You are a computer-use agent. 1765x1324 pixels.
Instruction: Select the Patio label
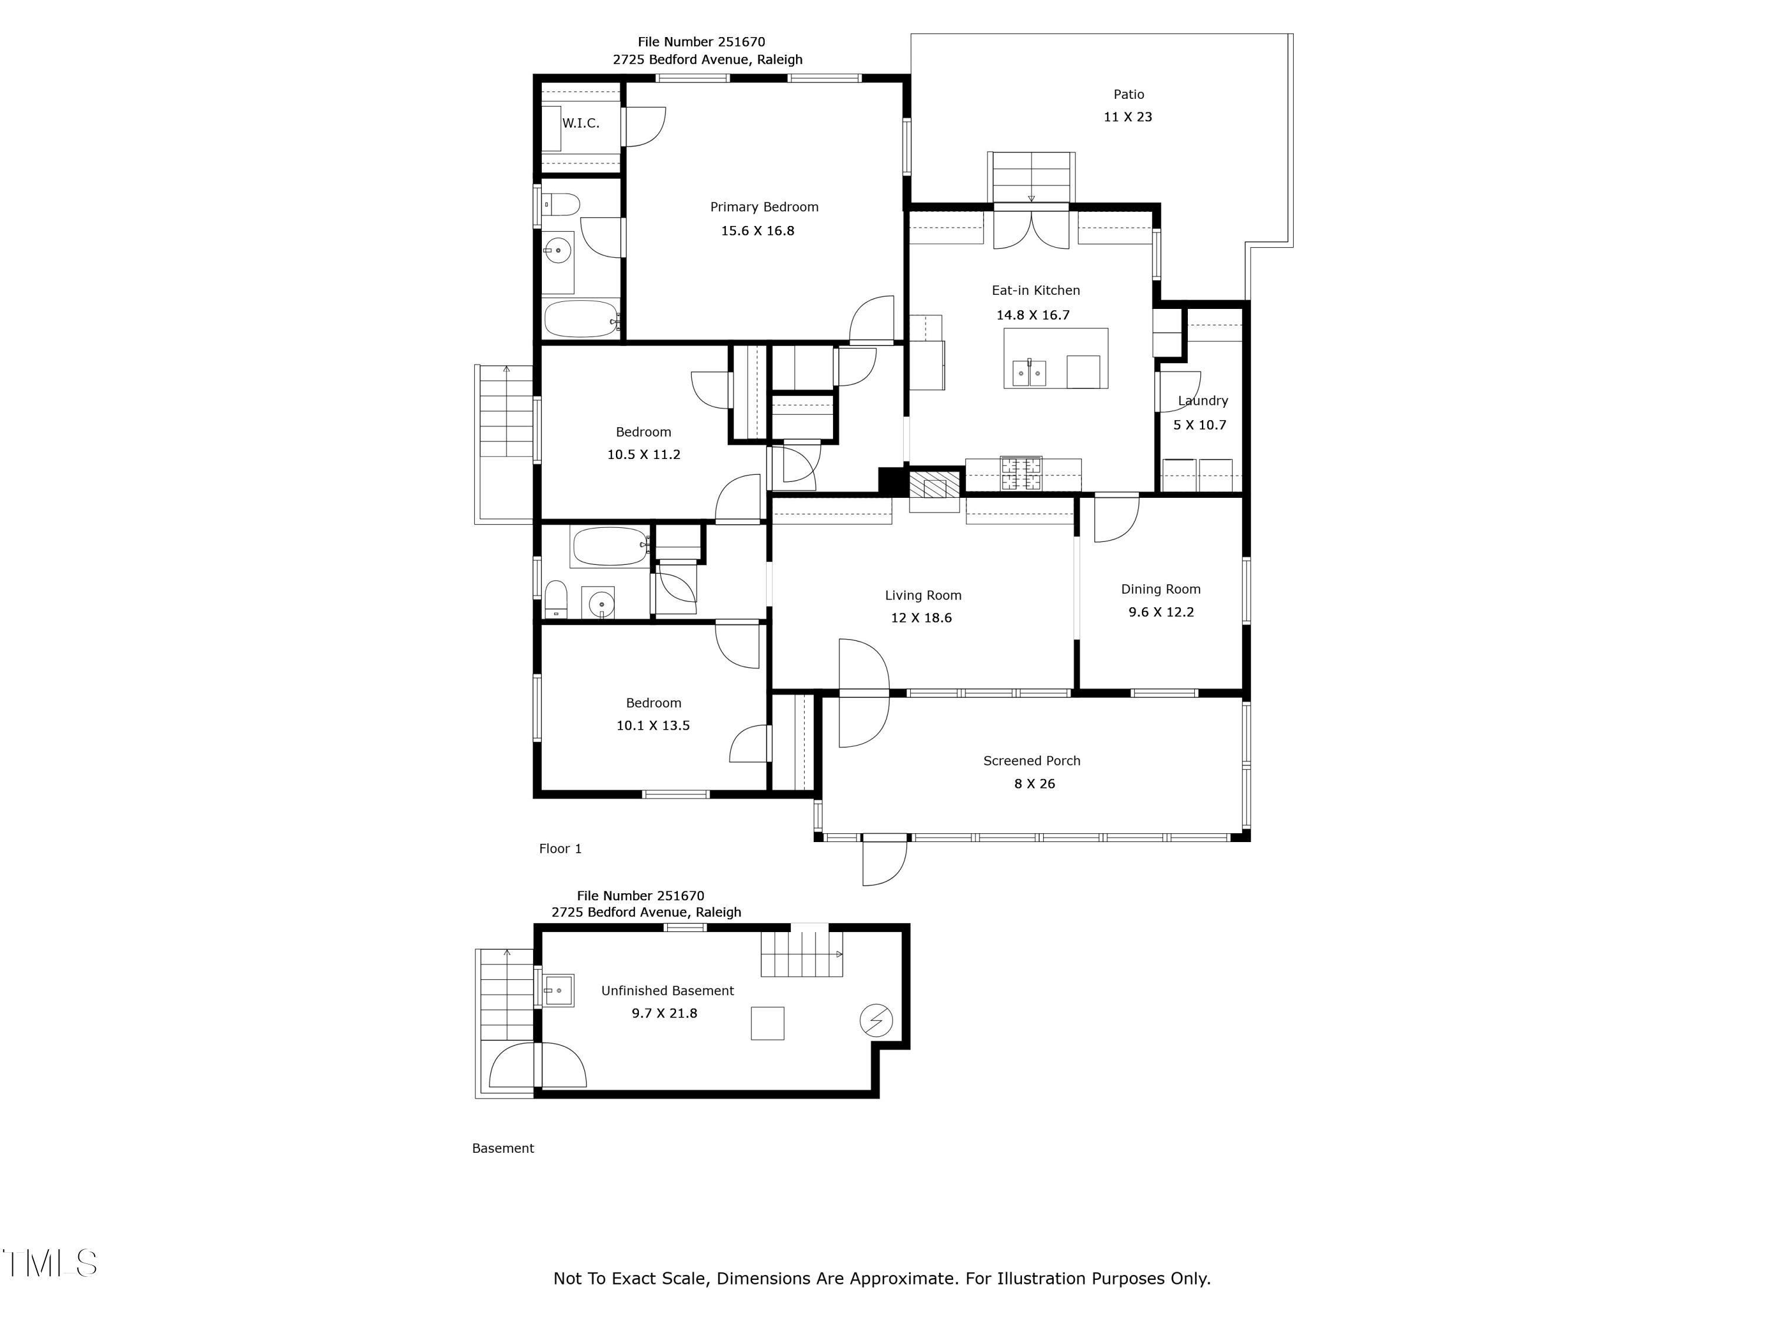tap(1129, 94)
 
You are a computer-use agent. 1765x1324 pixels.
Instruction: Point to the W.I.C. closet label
tap(581, 123)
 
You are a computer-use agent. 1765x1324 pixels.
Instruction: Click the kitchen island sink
tap(1030, 372)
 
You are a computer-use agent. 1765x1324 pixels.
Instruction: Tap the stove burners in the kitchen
tap(1021, 473)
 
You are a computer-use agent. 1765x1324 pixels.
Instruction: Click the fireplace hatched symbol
tap(934, 488)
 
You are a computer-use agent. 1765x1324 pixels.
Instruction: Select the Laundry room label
tap(1203, 401)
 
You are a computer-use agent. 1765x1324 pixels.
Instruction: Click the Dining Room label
tap(1160, 590)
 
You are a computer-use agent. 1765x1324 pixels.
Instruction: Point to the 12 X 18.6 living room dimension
tap(921, 618)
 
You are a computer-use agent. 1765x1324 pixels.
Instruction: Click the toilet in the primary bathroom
tap(561, 204)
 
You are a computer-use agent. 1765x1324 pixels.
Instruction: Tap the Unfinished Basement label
tap(667, 991)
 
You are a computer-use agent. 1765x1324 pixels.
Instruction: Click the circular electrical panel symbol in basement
tap(875, 1020)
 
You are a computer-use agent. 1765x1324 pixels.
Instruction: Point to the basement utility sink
tap(558, 990)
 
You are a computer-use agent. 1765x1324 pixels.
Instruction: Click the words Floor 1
tap(560, 849)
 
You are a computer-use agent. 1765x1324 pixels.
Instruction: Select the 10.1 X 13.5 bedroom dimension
tap(652, 726)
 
